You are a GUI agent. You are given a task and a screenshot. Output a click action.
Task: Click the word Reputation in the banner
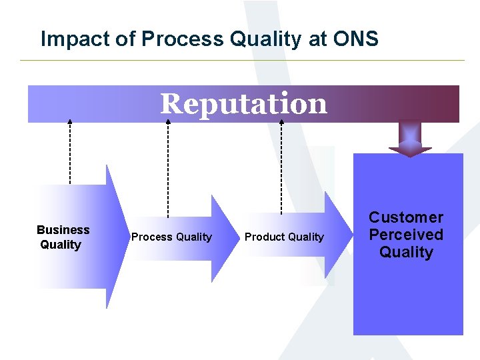[x=243, y=104]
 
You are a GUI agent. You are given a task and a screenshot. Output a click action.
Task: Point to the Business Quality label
[x=63, y=237]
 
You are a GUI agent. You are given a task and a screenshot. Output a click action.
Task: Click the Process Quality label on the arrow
[x=171, y=237]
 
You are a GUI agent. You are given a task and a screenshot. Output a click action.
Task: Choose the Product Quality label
[x=284, y=237]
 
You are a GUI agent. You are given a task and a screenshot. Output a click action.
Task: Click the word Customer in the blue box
[x=406, y=217]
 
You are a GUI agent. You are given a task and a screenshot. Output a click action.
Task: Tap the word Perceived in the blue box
[x=406, y=235]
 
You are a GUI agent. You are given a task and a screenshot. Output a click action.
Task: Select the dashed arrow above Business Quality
[x=70, y=153]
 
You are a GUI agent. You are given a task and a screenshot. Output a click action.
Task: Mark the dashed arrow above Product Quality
[x=281, y=167]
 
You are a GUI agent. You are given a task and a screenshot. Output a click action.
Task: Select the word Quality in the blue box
[x=406, y=252]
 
